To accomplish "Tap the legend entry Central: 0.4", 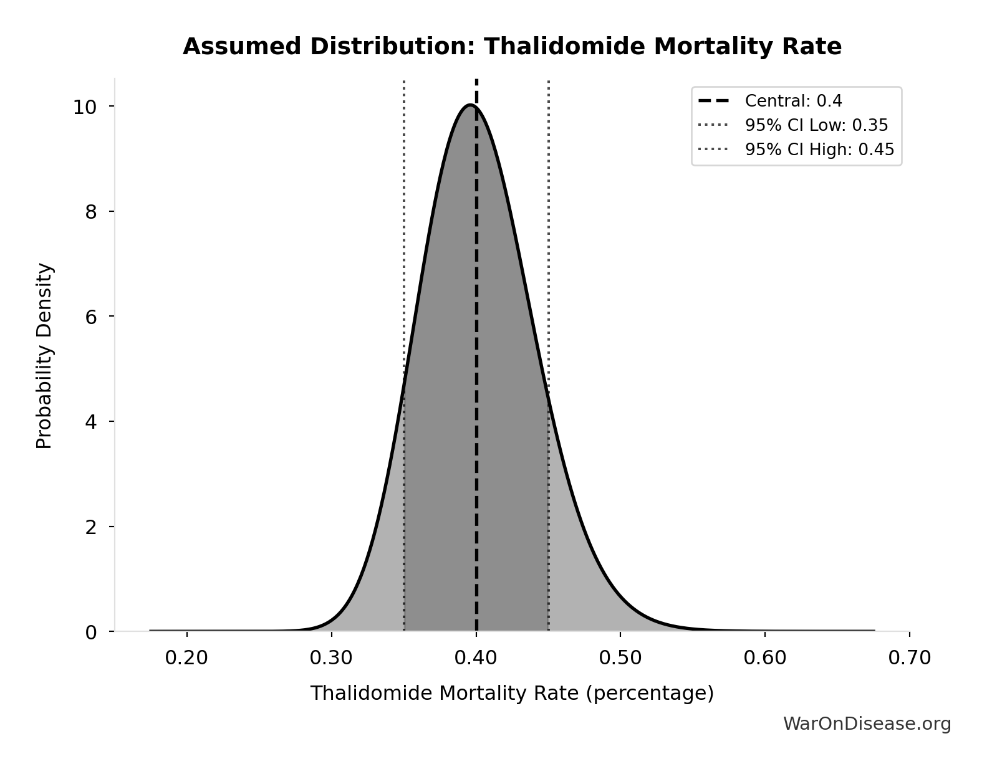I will [793, 101].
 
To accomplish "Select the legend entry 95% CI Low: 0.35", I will [816, 125].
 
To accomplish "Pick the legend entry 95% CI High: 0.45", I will [819, 150].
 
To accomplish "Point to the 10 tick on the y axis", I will [85, 107].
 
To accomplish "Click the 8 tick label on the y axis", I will [91, 212].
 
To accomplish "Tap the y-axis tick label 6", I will [91, 317].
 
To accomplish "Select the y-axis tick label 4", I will [91, 422].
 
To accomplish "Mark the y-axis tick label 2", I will [91, 527].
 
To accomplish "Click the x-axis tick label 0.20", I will [186, 658].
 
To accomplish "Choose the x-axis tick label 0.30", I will [331, 658].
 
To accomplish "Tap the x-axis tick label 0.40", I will [476, 658].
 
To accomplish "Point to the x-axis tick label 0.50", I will [620, 658].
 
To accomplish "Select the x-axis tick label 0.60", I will [765, 658].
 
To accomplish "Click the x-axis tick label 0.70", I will [909, 658].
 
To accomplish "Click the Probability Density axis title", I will [44, 356].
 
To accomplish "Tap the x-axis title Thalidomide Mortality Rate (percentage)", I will [512, 693].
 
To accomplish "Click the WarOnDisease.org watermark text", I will [867, 724].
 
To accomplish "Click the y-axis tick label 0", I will [91, 632].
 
